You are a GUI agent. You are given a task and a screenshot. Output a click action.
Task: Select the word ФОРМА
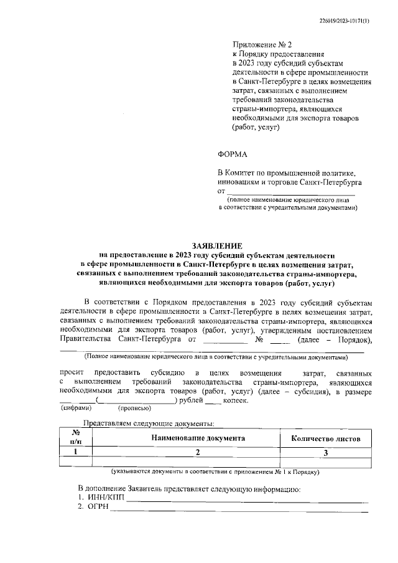click(233, 154)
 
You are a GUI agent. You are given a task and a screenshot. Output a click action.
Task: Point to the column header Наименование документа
click(198, 438)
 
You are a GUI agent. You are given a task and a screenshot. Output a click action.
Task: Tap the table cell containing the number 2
click(198, 453)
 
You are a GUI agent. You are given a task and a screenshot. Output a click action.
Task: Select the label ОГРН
click(96, 508)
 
